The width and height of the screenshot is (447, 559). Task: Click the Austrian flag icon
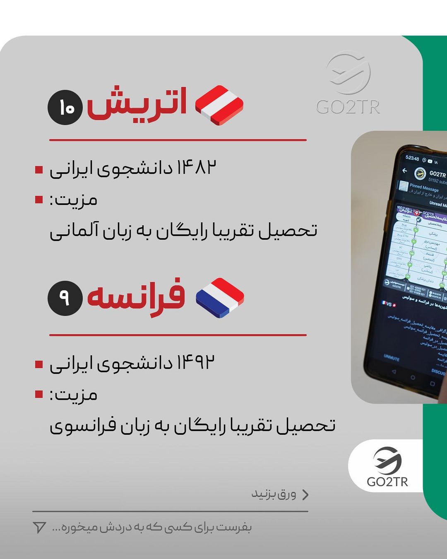[219, 105]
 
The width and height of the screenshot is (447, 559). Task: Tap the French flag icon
[220, 298]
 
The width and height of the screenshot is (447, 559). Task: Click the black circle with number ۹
[65, 298]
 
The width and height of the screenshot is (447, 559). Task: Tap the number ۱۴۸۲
[197, 168]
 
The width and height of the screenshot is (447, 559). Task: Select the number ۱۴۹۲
[197, 363]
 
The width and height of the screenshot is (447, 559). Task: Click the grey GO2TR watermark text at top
[348, 107]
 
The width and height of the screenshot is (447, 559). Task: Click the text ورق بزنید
[274, 494]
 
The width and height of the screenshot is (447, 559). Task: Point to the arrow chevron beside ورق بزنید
[305, 495]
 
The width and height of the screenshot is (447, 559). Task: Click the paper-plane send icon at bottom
[39, 527]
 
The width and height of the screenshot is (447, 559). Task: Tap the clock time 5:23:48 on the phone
[412, 159]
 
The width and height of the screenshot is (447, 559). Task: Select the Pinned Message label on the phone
[425, 188]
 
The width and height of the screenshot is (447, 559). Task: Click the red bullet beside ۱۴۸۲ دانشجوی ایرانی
[39, 170]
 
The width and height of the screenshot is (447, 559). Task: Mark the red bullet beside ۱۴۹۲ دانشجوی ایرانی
[39, 364]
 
